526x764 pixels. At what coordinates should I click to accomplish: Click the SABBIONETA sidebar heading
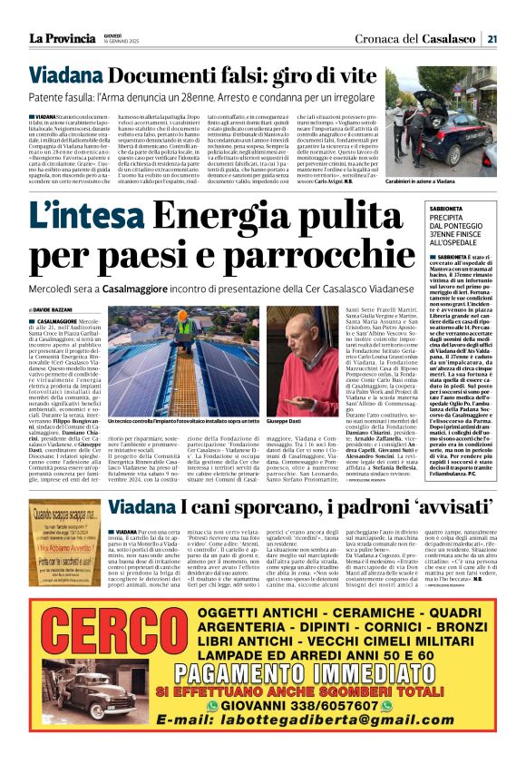click(x=452, y=207)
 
